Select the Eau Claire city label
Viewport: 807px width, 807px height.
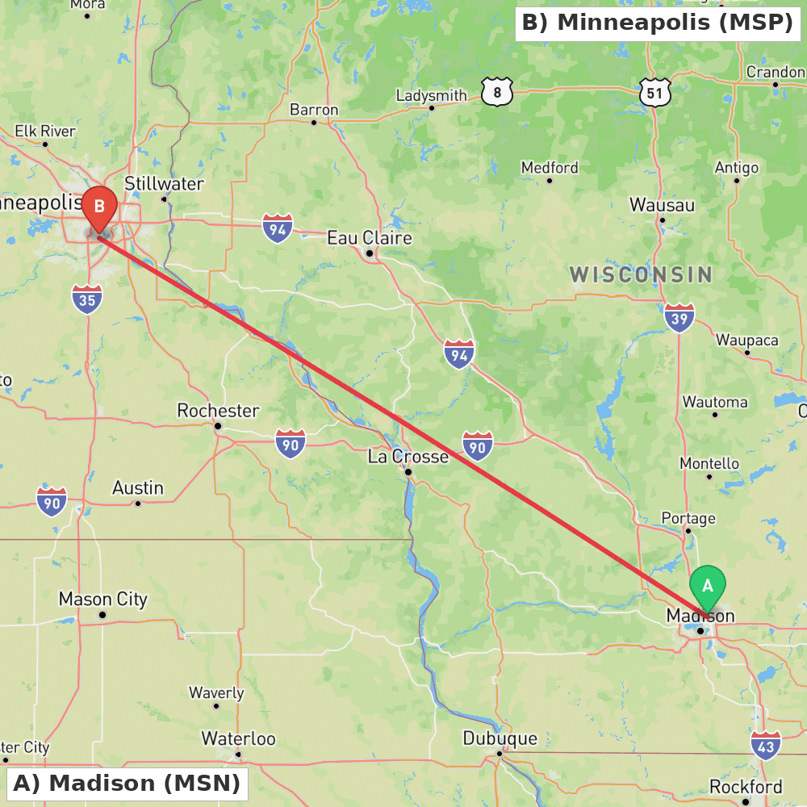pos(369,238)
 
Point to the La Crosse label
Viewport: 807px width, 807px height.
pos(408,457)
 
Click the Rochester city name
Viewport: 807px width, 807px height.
pos(218,411)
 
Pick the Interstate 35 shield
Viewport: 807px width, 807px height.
pos(86,299)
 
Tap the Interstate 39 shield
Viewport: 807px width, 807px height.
pos(679,318)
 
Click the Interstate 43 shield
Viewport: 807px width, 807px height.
pos(765,746)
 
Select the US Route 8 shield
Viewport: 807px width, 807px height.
pos(497,93)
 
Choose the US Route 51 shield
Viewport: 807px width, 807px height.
pos(654,93)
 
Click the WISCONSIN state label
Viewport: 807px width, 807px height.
pos(641,274)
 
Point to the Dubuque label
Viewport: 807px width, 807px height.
pos(500,738)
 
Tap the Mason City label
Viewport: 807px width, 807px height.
pos(102,600)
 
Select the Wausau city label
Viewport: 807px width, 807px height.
pos(662,205)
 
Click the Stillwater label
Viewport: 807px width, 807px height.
pos(164,184)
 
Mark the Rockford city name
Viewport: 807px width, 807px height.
pos(746,787)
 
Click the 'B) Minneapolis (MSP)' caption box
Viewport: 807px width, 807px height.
pos(657,23)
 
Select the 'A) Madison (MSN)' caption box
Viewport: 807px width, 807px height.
pos(127,783)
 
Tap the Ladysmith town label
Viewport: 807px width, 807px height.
pos(431,96)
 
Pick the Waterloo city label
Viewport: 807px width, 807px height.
pos(238,738)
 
